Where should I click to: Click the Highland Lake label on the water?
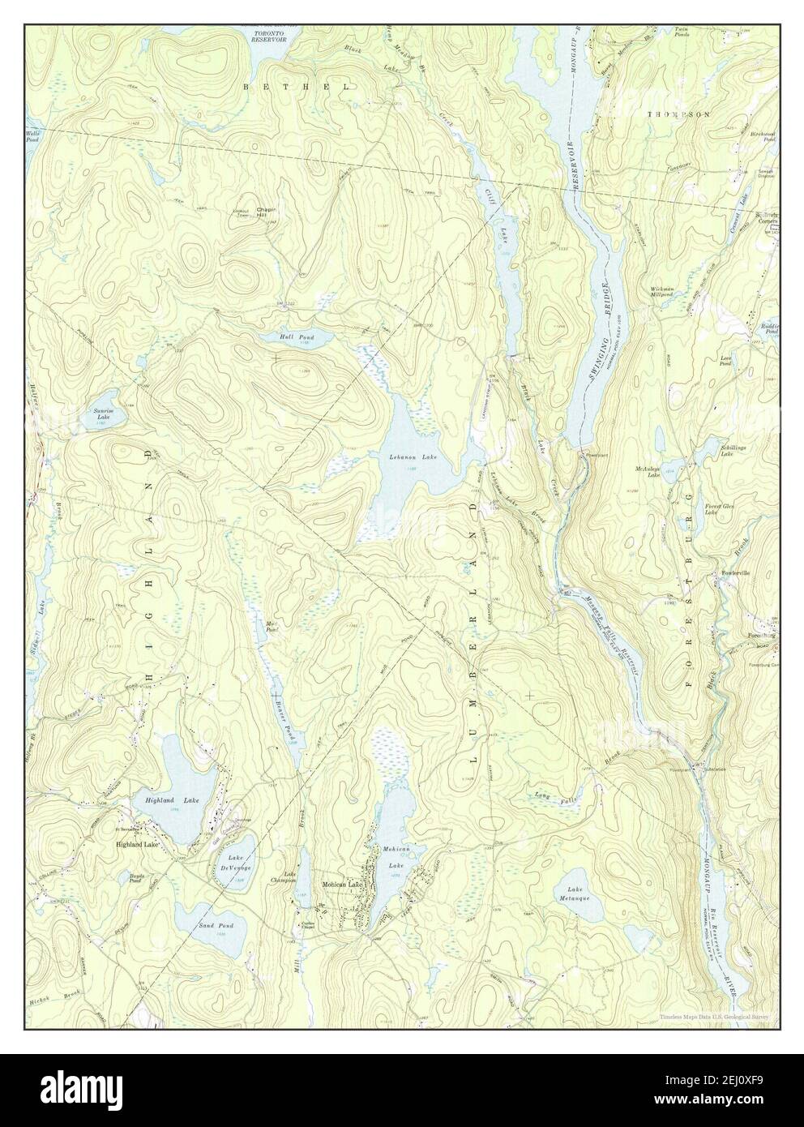tap(172, 800)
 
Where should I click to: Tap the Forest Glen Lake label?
tap(711, 508)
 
